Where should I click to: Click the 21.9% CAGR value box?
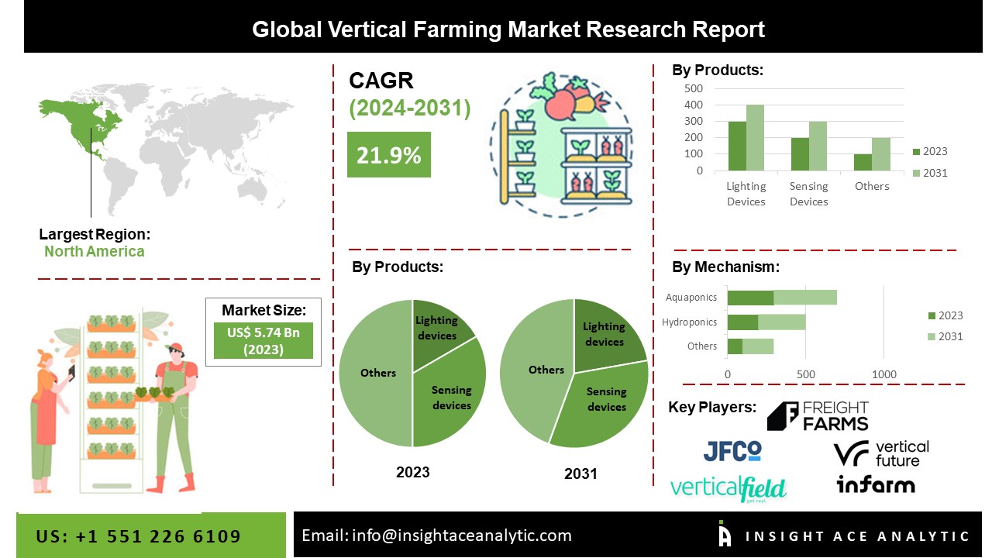pos(388,155)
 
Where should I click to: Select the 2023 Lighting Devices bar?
pos(737,146)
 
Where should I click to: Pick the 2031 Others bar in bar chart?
pos(881,154)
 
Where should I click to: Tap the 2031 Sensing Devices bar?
pos(818,146)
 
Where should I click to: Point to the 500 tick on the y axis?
pos(694,88)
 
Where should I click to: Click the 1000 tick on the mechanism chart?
pos(884,374)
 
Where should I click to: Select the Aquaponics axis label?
pos(691,297)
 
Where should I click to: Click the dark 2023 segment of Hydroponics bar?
pos(742,322)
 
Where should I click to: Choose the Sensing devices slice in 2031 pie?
pos(601,403)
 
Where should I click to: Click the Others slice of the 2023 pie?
pos(376,373)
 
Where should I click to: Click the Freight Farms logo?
pos(818,416)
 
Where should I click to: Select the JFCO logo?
pos(732,450)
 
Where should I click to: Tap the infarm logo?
pos(876,485)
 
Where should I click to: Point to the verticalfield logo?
pos(728,489)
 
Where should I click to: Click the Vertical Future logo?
pos(881,453)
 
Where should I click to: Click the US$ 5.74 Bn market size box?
pos(263,340)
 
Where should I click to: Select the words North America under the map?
pos(94,251)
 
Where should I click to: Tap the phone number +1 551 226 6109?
pos(139,536)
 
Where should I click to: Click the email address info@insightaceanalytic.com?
pos(437,535)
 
